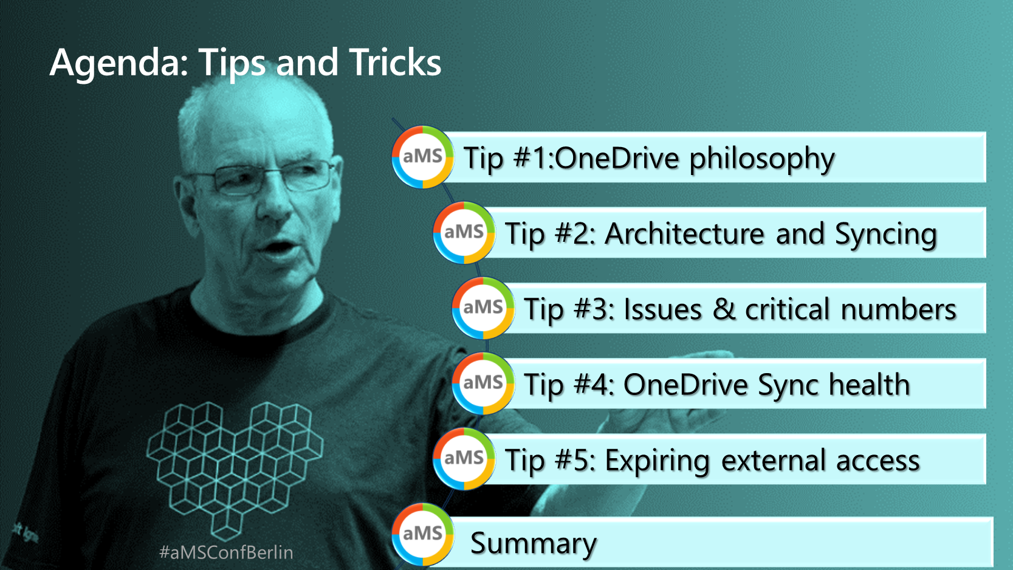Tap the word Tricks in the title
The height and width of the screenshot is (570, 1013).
point(395,62)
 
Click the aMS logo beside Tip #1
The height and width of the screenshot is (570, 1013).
point(422,157)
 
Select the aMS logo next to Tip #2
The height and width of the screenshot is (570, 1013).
point(464,232)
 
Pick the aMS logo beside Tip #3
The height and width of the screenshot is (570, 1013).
point(483,307)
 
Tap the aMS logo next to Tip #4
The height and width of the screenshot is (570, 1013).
point(483,383)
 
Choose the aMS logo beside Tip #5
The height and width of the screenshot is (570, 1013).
point(464,459)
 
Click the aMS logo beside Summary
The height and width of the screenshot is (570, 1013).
point(422,534)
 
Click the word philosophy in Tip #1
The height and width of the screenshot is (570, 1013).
point(762,160)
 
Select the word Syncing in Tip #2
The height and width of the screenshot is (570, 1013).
point(885,235)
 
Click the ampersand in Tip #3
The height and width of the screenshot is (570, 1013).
point(724,309)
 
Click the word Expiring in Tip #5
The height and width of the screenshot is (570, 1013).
point(658,461)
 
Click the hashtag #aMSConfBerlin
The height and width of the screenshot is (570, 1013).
point(226,552)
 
